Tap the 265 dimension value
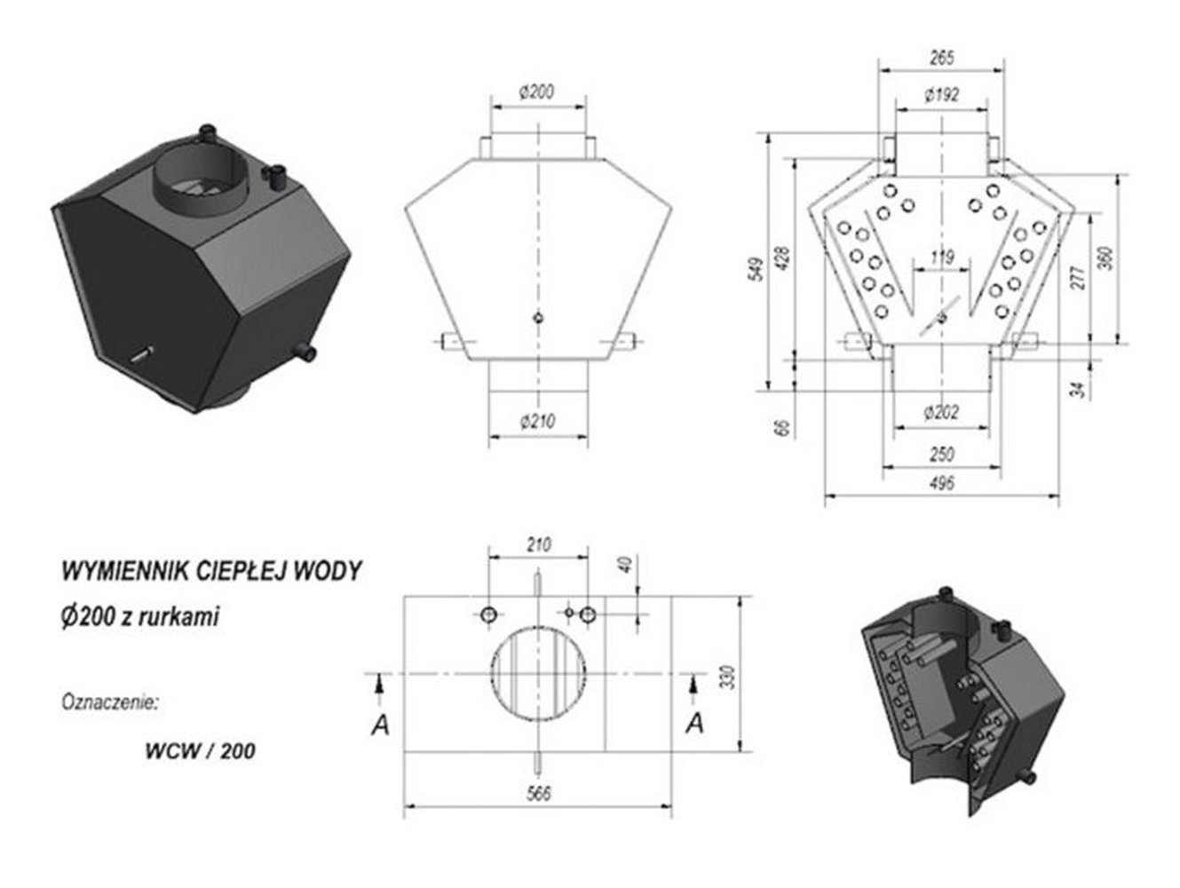click(x=941, y=59)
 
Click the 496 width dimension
click(x=941, y=483)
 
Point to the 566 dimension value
click(x=539, y=793)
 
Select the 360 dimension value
click(x=1105, y=256)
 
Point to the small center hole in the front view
click(x=538, y=318)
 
